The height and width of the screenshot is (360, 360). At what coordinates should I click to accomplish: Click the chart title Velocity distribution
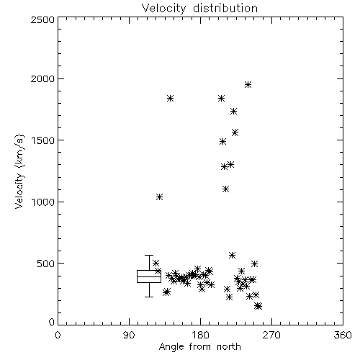pyautogui.click(x=199, y=9)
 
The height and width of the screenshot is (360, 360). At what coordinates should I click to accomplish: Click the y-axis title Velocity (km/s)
pyautogui.click(x=19, y=171)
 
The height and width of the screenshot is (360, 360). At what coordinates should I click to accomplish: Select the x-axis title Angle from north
pyautogui.click(x=199, y=347)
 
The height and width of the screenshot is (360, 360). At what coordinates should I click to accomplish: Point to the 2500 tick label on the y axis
pyautogui.click(x=42, y=19)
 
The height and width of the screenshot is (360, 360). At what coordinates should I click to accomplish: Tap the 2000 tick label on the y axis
pyautogui.click(x=42, y=78)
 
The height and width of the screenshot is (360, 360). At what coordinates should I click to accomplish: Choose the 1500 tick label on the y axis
pyautogui.click(x=43, y=140)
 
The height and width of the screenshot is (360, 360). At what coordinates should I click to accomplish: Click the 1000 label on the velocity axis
pyautogui.click(x=43, y=202)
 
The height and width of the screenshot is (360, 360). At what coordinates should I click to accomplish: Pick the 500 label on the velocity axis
pyautogui.click(x=46, y=264)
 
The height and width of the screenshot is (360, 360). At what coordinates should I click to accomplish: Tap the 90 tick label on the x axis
pyautogui.click(x=129, y=335)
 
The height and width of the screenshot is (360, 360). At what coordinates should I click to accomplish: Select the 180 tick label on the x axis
pyautogui.click(x=200, y=335)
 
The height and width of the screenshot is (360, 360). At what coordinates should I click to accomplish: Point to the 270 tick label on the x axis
pyautogui.click(x=271, y=335)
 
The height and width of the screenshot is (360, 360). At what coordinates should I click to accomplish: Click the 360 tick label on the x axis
pyautogui.click(x=343, y=335)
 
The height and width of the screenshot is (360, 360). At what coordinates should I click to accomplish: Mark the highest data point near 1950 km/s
pyautogui.click(x=248, y=84)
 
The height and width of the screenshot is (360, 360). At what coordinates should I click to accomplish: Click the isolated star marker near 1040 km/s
pyautogui.click(x=159, y=197)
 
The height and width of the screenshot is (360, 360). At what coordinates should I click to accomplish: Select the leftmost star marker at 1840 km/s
pyautogui.click(x=170, y=98)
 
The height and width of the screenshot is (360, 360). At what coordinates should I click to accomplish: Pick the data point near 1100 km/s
pyautogui.click(x=225, y=189)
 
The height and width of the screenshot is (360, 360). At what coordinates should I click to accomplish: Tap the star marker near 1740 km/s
pyautogui.click(x=233, y=111)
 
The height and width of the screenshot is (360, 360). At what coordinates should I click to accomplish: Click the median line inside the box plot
pyautogui.click(x=149, y=276)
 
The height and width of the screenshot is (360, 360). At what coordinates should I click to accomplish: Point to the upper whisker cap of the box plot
pyautogui.click(x=149, y=255)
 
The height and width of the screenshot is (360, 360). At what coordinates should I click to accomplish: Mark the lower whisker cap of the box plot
pyautogui.click(x=149, y=297)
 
